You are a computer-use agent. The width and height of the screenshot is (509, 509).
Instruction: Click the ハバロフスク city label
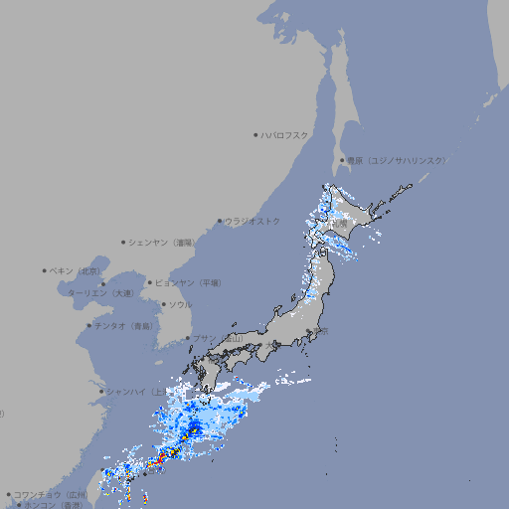285,134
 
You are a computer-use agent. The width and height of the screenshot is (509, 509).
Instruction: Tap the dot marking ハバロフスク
256,134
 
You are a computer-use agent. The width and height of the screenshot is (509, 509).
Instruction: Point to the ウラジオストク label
253,221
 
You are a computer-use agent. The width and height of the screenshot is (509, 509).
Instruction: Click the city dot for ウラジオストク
221,221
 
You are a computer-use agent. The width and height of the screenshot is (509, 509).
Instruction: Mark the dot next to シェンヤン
124,242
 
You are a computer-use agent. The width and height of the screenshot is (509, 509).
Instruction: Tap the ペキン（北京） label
76,270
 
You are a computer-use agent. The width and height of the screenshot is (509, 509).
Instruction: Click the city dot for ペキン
45,270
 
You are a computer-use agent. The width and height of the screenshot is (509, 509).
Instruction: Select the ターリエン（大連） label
100,293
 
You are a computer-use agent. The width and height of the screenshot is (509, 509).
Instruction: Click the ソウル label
180,304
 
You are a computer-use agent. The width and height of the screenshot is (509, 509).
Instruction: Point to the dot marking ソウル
162,304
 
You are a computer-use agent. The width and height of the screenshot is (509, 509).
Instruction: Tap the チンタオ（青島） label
124,326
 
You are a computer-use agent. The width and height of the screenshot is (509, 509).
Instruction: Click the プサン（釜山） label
217,339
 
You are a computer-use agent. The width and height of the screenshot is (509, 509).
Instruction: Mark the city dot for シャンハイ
101,392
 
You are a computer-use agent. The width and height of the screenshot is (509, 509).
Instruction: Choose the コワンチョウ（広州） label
51,494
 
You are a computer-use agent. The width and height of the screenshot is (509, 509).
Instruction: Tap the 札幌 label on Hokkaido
340,224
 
